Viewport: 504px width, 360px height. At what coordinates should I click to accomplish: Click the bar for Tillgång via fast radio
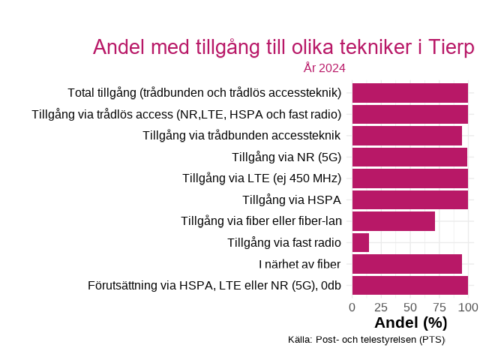[361, 242]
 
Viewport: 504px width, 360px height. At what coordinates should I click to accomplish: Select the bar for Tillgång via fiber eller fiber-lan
[394, 221]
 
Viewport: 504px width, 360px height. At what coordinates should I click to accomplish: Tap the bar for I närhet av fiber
[406, 264]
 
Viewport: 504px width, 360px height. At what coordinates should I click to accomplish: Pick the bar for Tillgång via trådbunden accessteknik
[406, 136]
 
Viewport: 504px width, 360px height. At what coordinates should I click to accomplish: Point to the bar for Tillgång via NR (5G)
[409, 157]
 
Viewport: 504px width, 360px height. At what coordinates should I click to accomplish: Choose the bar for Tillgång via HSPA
[410, 199]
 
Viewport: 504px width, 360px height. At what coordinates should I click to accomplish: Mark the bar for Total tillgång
[410, 93]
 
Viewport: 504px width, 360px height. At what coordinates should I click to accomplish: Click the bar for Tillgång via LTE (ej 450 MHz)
[410, 178]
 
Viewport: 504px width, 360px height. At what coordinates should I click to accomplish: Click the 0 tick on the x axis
[352, 307]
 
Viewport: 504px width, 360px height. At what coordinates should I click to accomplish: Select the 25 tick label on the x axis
[381, 307]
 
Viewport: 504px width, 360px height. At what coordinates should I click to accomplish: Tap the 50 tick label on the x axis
[410, 307]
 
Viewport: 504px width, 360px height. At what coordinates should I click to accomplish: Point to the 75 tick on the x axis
[439, 307]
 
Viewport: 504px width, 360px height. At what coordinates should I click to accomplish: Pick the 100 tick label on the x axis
[468, 307]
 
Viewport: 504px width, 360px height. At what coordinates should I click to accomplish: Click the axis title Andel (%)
[410, 323]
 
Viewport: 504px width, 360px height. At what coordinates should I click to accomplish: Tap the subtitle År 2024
[324, 68]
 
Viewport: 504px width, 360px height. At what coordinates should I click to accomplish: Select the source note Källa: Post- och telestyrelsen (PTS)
[366, 340]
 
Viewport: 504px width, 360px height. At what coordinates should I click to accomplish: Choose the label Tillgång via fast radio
[284, 242]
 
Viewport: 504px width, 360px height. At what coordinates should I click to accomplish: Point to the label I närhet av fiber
[300, 264]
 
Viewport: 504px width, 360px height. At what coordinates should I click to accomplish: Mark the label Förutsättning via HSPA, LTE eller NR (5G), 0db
[214, 285]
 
